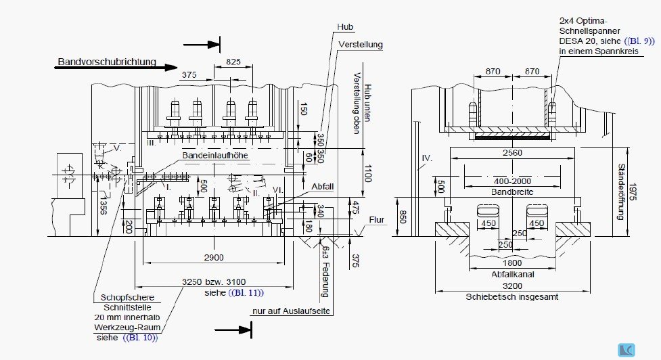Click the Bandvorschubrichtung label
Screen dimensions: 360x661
pos(107,62)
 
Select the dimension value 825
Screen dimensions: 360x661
pos(233,62)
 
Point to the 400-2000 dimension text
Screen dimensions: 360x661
pos(512,181)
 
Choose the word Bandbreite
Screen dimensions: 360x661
pos(512,192)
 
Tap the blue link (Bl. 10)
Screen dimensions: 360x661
pos(140,337)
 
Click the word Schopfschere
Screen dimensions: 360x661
pos(127,297)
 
